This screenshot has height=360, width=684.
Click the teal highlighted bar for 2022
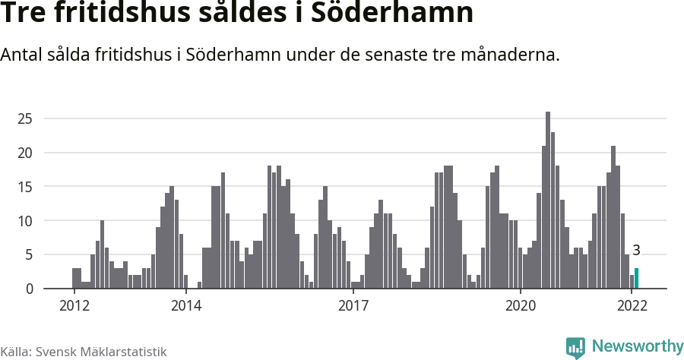point(637,279)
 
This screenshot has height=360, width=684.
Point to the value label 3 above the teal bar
point(636,250)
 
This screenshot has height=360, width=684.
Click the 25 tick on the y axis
point(26,118)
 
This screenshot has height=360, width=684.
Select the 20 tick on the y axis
point(26,153)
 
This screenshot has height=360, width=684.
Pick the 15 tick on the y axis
point(26,187)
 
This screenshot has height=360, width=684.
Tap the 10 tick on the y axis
point(26,221)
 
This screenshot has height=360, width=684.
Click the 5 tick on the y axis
point(29,255)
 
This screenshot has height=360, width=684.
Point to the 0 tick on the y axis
point(29,289)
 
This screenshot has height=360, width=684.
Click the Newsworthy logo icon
point(575,347)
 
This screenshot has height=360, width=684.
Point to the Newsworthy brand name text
point(637,346)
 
